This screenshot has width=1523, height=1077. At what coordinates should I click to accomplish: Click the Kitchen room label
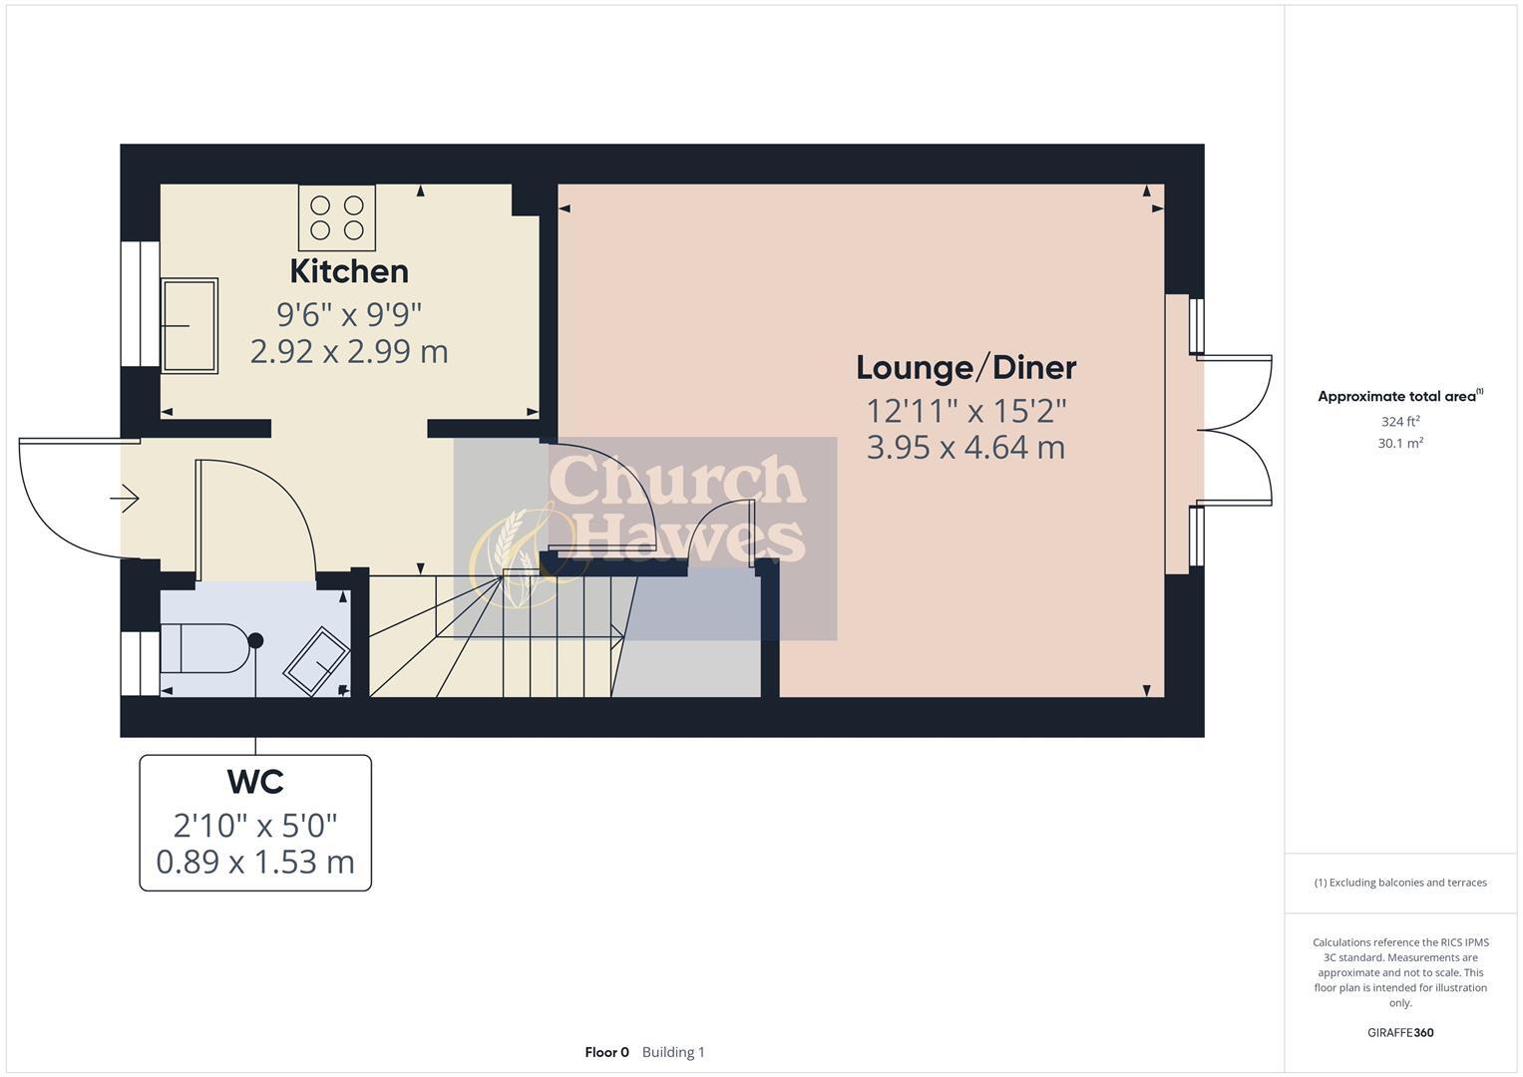(x=349, y=271)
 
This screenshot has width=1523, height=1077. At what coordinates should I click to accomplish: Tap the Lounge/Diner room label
(x=965, y=368)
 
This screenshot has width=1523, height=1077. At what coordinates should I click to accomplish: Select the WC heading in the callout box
(x=255, y=782)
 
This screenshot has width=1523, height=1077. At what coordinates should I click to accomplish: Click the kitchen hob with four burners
(x=337, y=217)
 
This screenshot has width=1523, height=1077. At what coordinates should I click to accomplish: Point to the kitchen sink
(x=190, y=325)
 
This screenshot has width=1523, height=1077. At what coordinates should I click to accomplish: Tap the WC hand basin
(x=316, y=657)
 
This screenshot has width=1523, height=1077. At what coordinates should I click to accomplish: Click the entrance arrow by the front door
(x=129, y=498)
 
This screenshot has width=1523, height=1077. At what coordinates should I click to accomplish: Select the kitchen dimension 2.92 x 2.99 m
(x=349, y=352)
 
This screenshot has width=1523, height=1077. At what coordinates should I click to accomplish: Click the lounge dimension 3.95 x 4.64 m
(x=965, y=448)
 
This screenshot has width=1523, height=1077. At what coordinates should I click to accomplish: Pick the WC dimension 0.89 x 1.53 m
(x=255, y=862)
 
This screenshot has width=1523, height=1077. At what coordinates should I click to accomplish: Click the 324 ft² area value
(x=1399, y=422)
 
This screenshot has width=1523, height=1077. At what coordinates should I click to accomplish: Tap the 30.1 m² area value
(x=1399, y=444)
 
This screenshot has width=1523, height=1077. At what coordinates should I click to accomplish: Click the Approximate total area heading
(x=1399, y=397)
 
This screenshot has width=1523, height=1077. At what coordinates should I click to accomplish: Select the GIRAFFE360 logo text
(x=1399, y=1032)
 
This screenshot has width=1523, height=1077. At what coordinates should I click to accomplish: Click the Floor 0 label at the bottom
(x=606, y=1052)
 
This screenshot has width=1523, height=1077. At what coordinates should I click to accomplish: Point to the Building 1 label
(x=673, y=1052)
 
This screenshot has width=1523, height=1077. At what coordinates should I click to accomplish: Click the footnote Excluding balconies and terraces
(x=1399, y=883)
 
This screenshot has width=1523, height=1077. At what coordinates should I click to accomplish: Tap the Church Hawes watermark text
(x=678, y=509)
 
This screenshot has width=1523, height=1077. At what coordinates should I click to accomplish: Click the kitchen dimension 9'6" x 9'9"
(x=349, y=314)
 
